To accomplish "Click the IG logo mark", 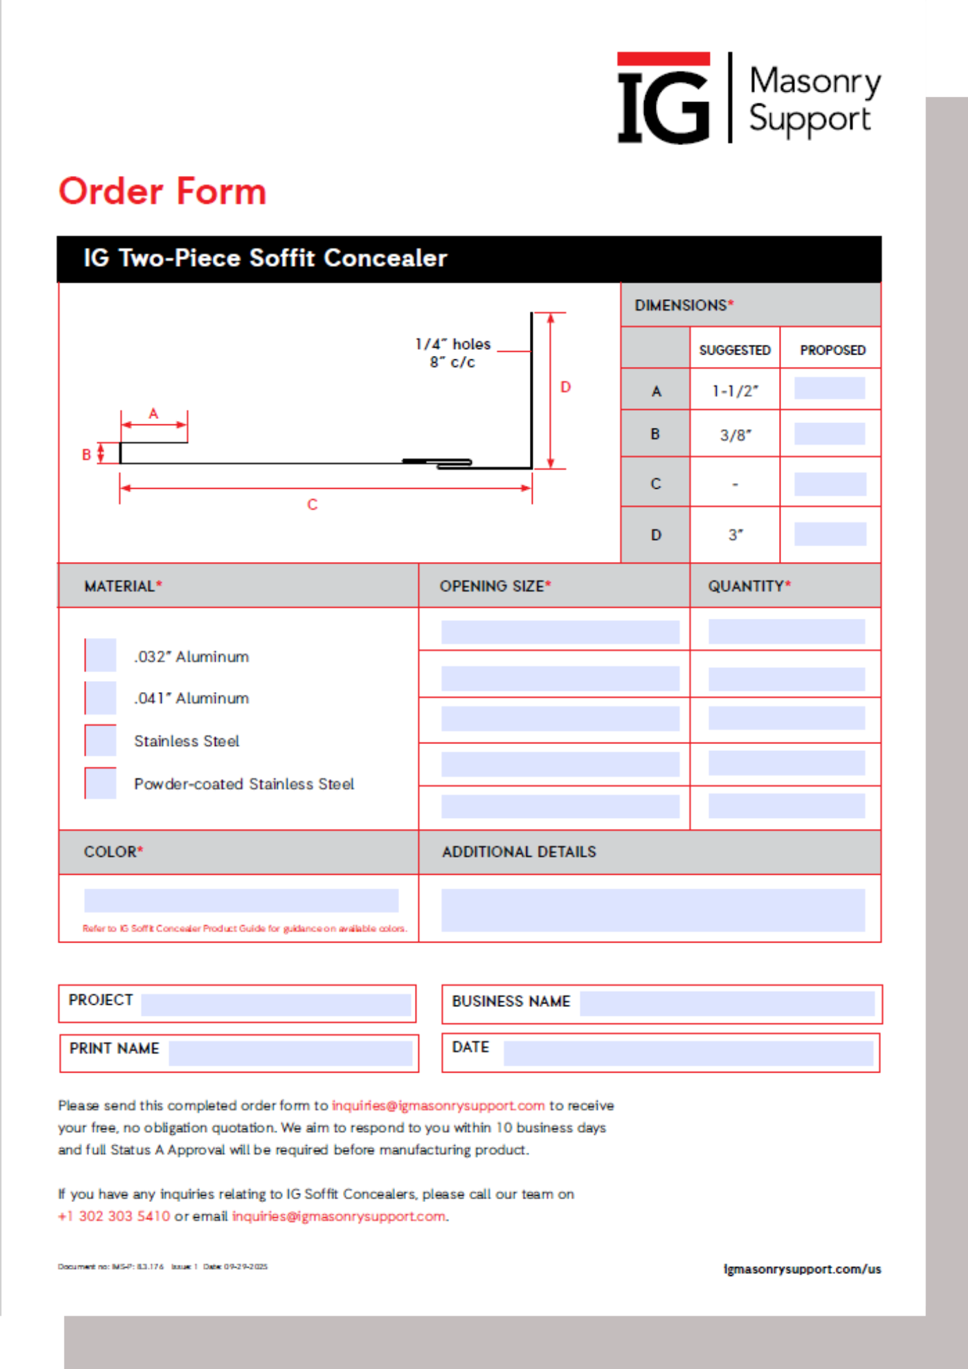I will coord(663,99).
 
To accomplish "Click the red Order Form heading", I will coord(162,191).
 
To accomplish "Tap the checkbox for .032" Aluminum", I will coord(101,655).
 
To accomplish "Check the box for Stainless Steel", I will coord(101,741).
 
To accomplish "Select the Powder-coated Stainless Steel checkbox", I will coord(101,783).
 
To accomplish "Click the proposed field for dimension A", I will coord(829,389).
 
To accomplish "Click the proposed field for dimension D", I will coord(830,534).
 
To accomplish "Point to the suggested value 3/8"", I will coord(735,435).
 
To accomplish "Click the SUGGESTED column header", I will coord(735,350).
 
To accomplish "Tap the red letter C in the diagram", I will coord(312,504).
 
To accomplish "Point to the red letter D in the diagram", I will coord(565,387).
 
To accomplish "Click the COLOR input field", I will coord(241,900).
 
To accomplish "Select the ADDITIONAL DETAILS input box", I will coord(652,910).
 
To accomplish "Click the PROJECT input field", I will coord(275,1004).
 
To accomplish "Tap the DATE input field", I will coord(688,1053).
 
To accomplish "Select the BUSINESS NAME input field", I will coord(727,1003).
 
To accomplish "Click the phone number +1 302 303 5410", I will coord(114,1216).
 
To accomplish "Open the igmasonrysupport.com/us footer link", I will coord(802,1269).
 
